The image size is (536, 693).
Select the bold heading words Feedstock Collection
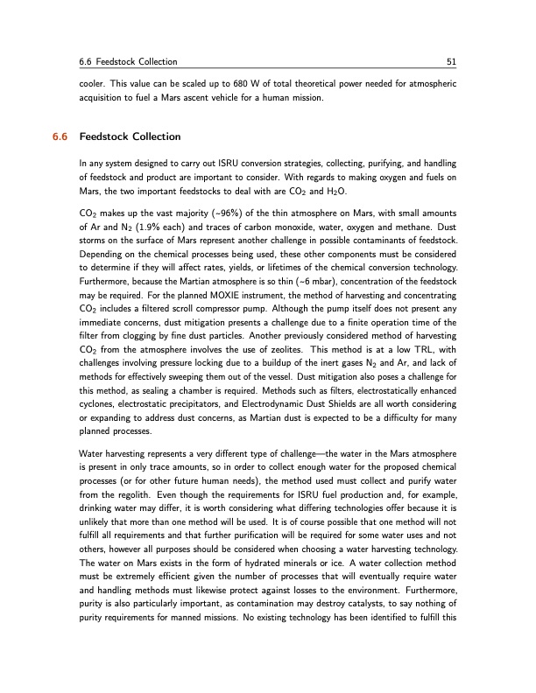(x=130, y=137)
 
